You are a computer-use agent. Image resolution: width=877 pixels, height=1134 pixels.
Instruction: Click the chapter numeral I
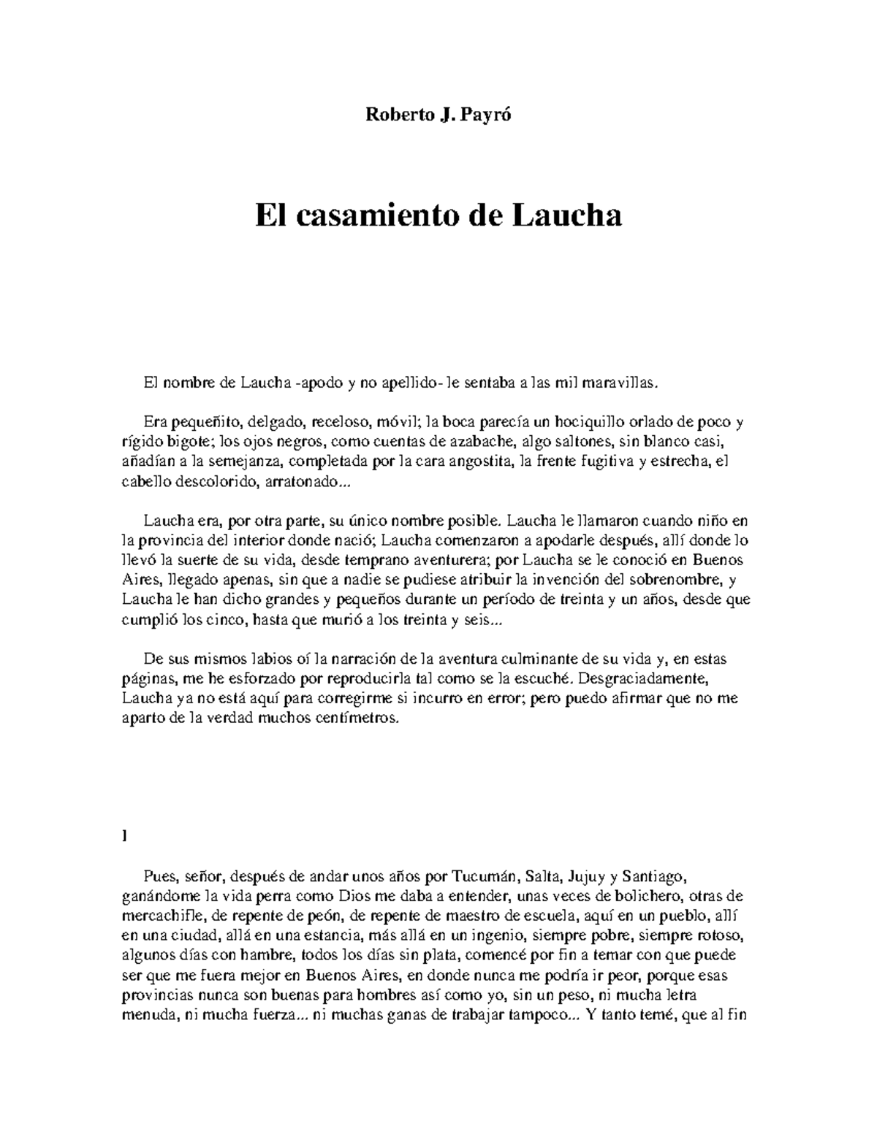coord(124,836)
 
